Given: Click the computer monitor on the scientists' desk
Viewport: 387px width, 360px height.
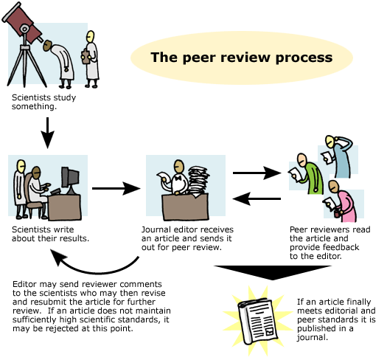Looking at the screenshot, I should point(70,177).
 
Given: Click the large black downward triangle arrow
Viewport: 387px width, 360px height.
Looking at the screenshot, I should point(273,270).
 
